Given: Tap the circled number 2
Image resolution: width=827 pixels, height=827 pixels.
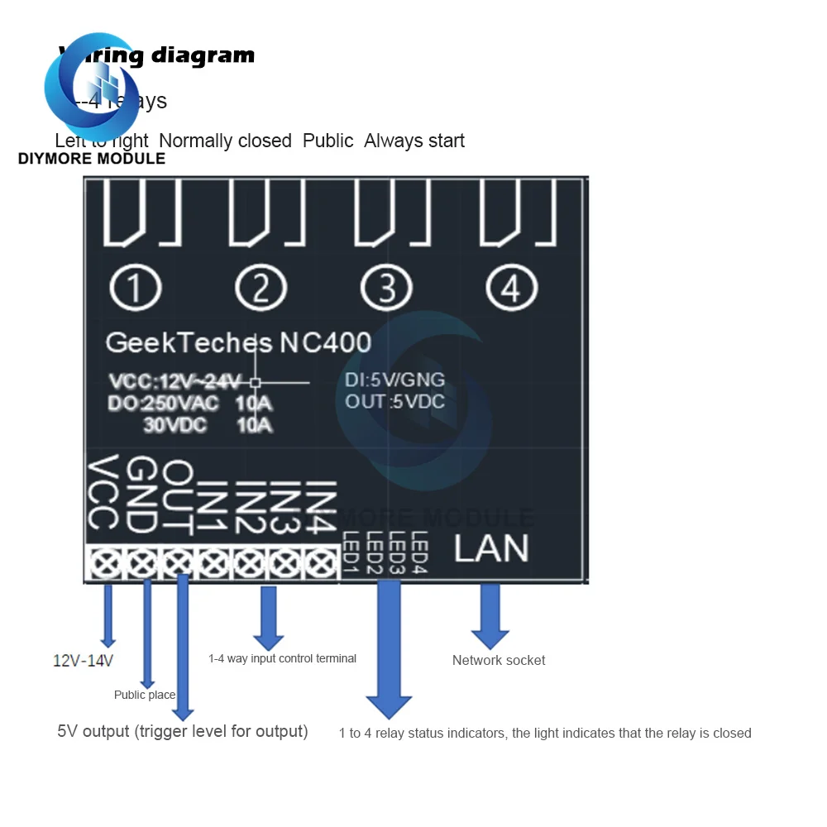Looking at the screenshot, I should (x=261, y=289).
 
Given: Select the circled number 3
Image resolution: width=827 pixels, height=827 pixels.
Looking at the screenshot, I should (x=386, y=289).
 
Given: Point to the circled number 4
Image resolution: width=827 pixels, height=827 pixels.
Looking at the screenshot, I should (x=511, y=289).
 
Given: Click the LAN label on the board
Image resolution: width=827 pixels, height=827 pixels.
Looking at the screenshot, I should (x=490, y=549).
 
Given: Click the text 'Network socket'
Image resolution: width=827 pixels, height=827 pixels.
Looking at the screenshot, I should (x=499, y=660).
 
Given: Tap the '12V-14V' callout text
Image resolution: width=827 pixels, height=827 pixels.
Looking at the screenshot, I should (x=83, y=661).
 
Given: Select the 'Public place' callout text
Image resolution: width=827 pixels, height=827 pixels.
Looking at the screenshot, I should (x=145, y=695).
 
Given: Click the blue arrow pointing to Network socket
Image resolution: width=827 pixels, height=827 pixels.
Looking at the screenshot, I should (x=490, y=616).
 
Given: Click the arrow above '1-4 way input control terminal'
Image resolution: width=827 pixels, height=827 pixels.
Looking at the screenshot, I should (x=268, y=618).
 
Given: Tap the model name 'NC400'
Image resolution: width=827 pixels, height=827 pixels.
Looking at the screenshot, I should (x=325, y=342).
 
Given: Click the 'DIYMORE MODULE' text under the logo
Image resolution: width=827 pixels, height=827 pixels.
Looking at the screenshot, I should (x=91, y=159).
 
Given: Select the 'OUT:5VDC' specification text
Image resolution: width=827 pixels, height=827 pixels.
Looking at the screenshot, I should (x=395, y=402).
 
